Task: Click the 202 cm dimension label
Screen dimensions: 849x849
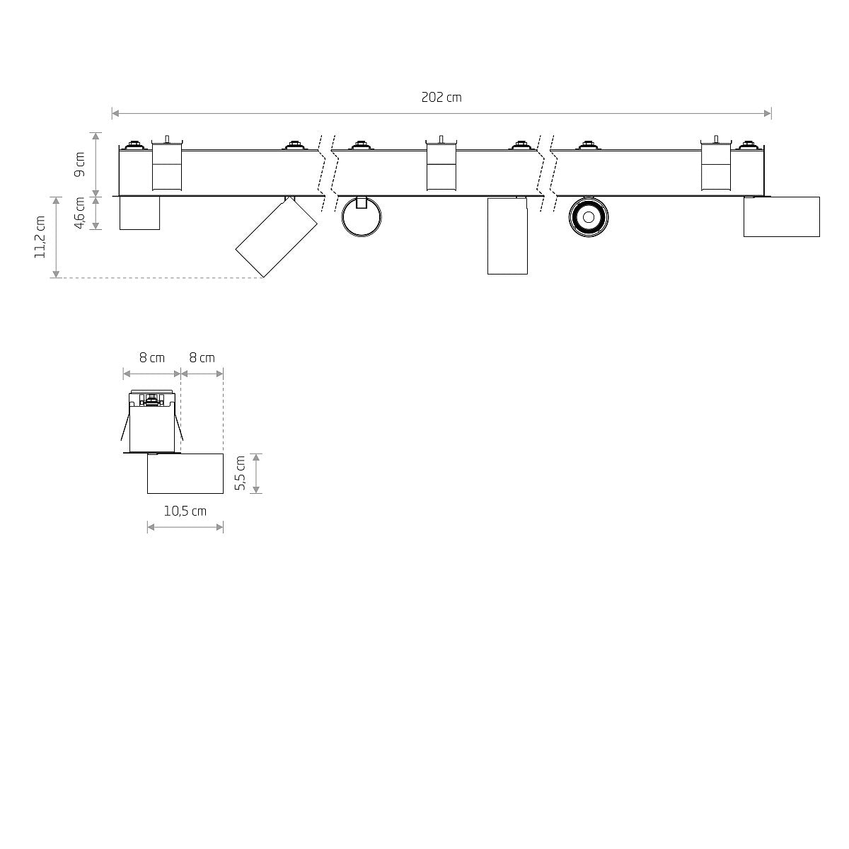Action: tap(441, 98)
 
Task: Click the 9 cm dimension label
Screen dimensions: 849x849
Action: tap(80, 163)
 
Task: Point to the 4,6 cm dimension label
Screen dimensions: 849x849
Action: tap(80, 213)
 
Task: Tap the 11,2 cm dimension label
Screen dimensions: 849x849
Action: tap(40, 237)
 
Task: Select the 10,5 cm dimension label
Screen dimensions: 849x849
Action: tap(185, 511)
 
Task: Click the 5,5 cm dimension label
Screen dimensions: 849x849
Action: tap(241, 473)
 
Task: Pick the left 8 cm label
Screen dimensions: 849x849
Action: tap(151, 358)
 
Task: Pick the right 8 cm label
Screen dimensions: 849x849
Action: tap(202, 358)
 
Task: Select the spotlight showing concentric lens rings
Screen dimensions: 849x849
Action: tap(588, 215)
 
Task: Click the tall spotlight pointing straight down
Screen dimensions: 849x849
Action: tap(507, 236)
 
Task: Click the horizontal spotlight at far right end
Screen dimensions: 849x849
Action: tap(781, 216)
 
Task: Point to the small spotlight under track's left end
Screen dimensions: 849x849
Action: tap(139, 213)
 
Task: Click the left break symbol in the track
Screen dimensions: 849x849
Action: tap(327, 172)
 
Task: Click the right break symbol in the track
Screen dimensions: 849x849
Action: tap(544, 172)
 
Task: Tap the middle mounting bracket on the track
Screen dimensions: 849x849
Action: tap(441, 166)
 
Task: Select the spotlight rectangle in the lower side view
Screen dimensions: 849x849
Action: tap(185, 473)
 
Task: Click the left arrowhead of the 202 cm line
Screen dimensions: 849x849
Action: tap(115, 113)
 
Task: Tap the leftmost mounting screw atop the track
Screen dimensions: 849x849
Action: tap(132, 146)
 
